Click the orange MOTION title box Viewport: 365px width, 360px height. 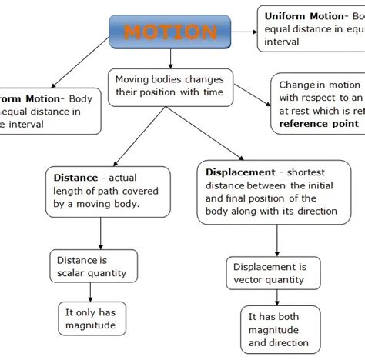point(170,32)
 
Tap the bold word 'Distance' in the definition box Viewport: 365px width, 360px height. point(76,177)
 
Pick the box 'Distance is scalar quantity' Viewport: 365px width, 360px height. point(92,266)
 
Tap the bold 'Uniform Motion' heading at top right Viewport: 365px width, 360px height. point(303,16)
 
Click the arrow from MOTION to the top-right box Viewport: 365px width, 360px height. point(244,32)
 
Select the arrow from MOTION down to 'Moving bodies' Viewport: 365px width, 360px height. point(170,57)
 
